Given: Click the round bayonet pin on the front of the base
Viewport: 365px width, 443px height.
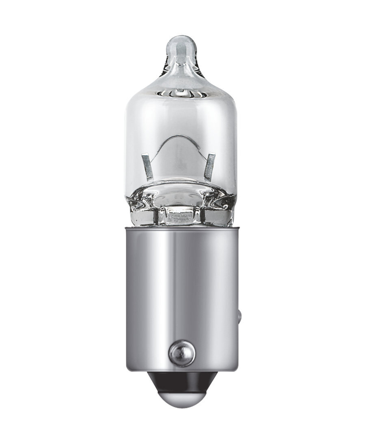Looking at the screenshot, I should tap(182, 353).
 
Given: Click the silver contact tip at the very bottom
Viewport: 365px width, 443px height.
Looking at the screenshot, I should tap(181, 398).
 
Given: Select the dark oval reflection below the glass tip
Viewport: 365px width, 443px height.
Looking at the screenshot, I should tap(181, 94).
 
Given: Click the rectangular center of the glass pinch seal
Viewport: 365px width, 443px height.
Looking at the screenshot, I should tap(181, 215).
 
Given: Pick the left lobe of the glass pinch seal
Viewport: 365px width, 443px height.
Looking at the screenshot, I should tap(144, 212).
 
